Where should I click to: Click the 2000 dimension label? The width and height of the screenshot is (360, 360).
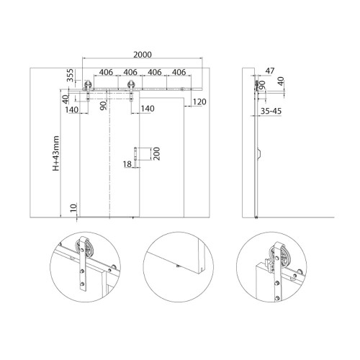143,55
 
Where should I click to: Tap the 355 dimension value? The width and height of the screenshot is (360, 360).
70,76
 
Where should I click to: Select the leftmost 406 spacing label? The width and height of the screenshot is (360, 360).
106,72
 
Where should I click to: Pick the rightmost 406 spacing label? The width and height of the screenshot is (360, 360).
179,72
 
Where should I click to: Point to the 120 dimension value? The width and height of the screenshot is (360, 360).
199,102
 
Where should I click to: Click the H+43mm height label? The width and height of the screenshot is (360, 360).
56,153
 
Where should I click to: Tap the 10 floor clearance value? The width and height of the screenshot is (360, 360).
74,207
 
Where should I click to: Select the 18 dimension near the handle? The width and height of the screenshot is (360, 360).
127,164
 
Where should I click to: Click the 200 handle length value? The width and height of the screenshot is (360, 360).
156,154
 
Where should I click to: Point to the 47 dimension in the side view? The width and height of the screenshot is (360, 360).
270,71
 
